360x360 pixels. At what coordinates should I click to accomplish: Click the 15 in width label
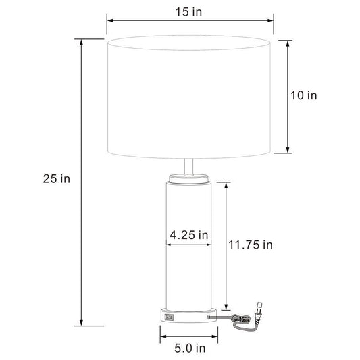188,11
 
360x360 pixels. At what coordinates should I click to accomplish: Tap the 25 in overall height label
57,178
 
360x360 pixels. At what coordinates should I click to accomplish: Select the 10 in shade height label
303,95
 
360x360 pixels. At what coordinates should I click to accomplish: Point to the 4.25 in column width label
188,235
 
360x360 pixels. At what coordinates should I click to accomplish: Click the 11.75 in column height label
251,245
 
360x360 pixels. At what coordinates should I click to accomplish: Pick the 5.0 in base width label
190,349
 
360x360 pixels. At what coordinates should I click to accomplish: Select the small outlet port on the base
169,317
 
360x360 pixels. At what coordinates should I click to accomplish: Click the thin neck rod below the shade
188,167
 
